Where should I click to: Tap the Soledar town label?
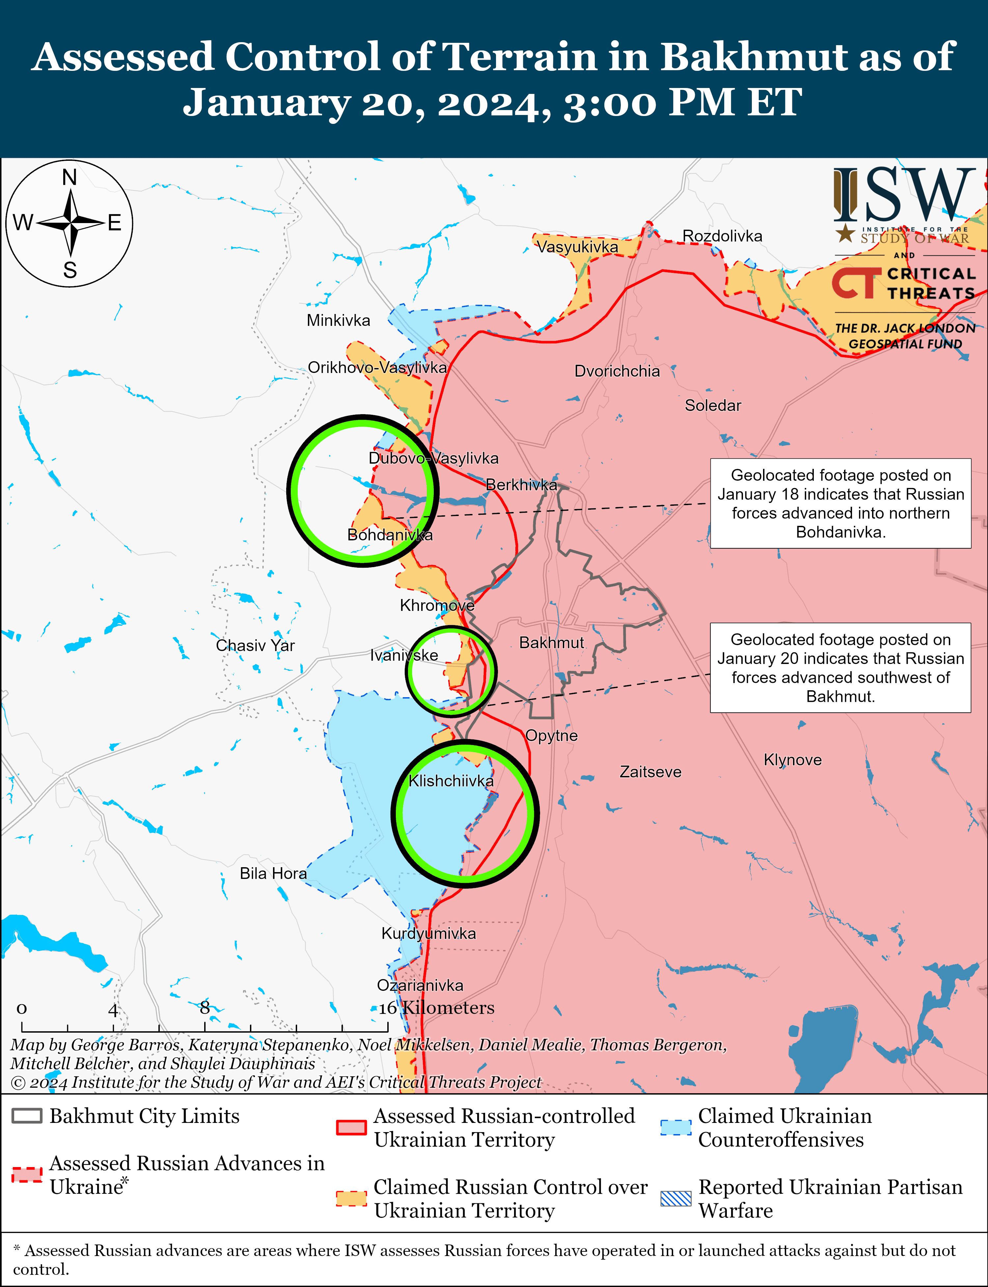[713, 405]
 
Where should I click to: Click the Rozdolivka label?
[722, 236]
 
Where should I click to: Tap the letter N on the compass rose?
[69, 177]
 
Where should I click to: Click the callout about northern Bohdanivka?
[840, 503]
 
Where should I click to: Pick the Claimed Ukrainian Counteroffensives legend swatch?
[676, 1127]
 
